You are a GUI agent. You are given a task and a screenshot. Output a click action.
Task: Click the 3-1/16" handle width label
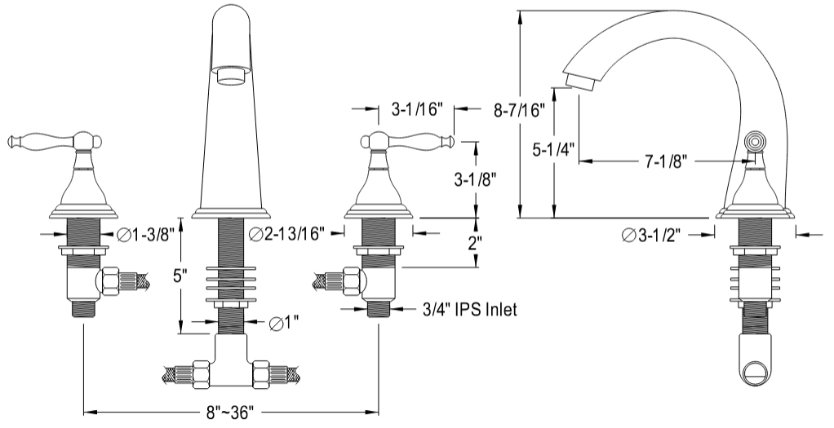416,108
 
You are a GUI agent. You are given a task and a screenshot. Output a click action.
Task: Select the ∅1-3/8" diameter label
147,236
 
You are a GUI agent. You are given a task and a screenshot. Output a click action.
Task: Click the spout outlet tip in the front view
233,76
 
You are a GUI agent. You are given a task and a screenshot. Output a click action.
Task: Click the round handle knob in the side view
755,142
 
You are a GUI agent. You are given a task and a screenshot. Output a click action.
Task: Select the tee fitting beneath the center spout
231,362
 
